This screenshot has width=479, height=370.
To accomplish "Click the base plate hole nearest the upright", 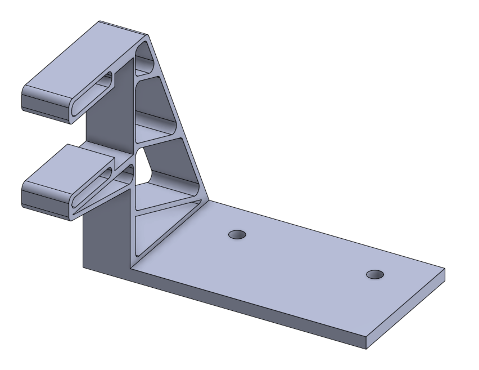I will point(237,234).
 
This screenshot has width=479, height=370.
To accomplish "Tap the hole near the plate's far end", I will point(374,274).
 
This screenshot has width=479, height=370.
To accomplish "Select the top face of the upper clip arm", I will point(84,62).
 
